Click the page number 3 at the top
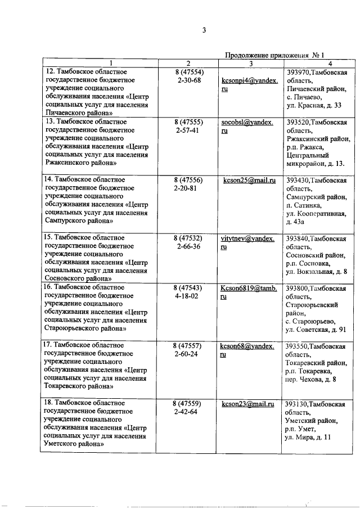pos(205,30)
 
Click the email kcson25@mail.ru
pos(249,181)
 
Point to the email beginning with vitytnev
pos(249,238)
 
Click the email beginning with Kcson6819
pos(249,288)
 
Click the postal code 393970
pos(298,73)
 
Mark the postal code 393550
pos(298,346)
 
